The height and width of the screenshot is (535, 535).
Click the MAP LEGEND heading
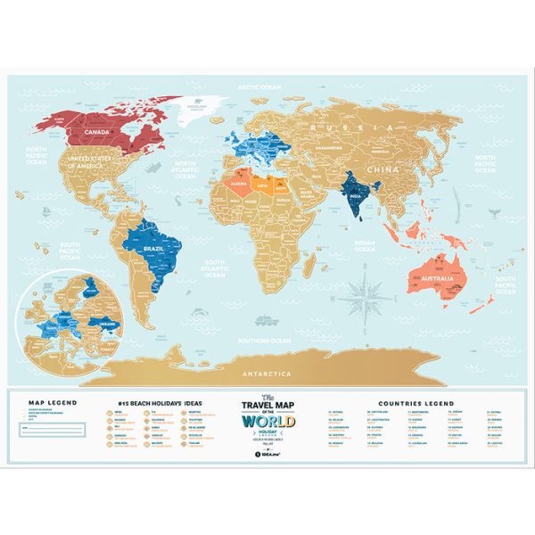pos(53,402)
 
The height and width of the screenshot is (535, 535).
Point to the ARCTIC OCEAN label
pos(259,87)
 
